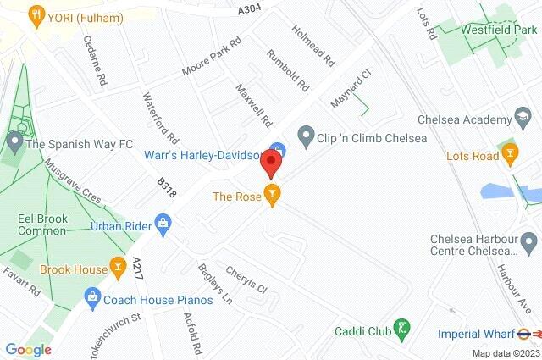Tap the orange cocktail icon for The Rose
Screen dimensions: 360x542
[271, 196]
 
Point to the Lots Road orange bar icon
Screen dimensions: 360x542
[509, 156]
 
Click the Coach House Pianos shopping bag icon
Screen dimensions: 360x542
[92, 297]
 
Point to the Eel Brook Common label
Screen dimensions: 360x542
[42, 223]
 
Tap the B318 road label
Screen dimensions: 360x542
[167, 188]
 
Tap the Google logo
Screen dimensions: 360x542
[28, 349]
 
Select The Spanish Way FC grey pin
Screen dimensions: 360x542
[13, 143]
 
